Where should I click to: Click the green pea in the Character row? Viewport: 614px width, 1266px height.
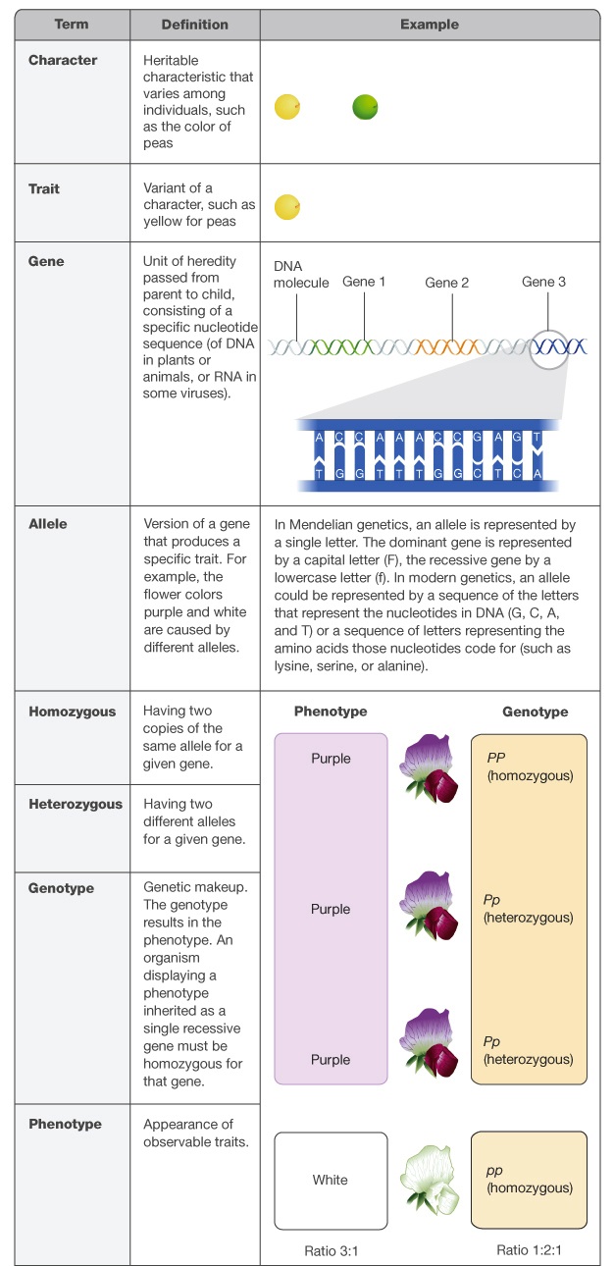(x=365, y=107)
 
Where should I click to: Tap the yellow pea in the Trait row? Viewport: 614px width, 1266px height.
(x=287, y=207)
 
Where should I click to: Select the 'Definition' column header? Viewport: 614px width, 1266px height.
(x=195, y=25)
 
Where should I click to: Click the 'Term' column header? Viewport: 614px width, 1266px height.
(x=72, y=24)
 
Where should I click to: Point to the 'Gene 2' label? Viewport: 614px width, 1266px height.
(x=447, y=283)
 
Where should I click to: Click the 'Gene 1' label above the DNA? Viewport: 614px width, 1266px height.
(x=364, y=282)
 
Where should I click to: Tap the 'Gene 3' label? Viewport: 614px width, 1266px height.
(x=543, y=282)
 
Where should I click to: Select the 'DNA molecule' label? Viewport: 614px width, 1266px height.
(x=301, y=274)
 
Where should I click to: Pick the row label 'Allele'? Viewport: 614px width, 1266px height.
(x=48, y=524)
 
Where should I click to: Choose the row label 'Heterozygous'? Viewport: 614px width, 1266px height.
(x=76, y=804)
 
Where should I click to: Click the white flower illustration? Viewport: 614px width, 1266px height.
(x=430, y=1180)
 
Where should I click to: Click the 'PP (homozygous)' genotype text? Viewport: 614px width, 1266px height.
(x=530, y=766)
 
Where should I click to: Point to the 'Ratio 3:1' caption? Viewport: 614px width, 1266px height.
(x=331, y=1251)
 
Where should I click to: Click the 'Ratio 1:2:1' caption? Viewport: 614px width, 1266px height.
(x=530, y=1250)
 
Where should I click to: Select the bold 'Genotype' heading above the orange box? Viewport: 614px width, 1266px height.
(x=536, y=712)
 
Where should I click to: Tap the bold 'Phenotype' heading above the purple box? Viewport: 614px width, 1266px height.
(x=331, y=711)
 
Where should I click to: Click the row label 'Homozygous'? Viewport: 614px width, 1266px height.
(x=73, y=712)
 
